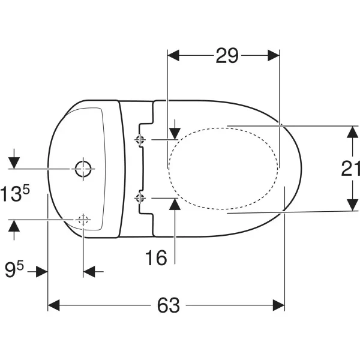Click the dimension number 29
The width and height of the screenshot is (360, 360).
pyautogui.click(x=227, y=56)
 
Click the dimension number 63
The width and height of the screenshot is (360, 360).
pyautogui.click(x=168, y=305)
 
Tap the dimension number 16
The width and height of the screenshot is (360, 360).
pyautogui.click(x=156, y=257)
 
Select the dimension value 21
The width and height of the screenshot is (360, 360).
pyautogui.click(x=350, y=169)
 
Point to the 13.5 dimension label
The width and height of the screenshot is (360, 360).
pyautogui.click(x=15, y=194)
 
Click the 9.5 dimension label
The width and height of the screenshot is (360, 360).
pyautogui.click(x=14, y=269)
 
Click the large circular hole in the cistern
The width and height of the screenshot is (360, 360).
pyautogui.click(x=83, y=169)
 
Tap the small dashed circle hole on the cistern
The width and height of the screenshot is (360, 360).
pyautogui.click(x=83, y=220)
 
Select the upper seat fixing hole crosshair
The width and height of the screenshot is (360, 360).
pyautogui.click(x=140, y=139)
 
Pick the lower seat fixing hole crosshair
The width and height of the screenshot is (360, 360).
pyautogui.click(x=140, y=197)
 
